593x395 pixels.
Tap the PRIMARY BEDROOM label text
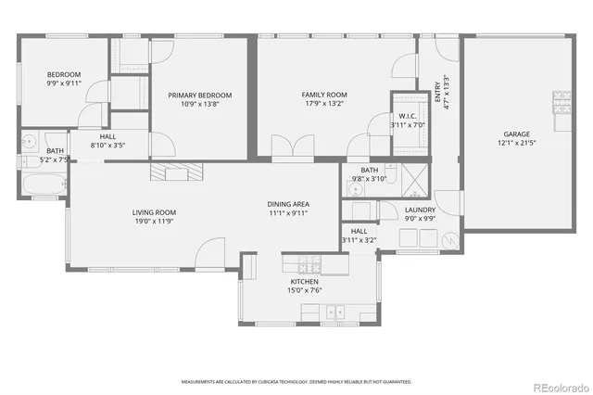199,95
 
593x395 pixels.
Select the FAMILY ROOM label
324,95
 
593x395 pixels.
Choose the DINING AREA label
288,204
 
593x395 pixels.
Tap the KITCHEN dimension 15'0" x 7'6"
305,291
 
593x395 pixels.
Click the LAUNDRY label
420,210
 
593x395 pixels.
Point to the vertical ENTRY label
438,93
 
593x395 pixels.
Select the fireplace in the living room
176,172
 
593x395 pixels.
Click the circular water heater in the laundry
451,239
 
